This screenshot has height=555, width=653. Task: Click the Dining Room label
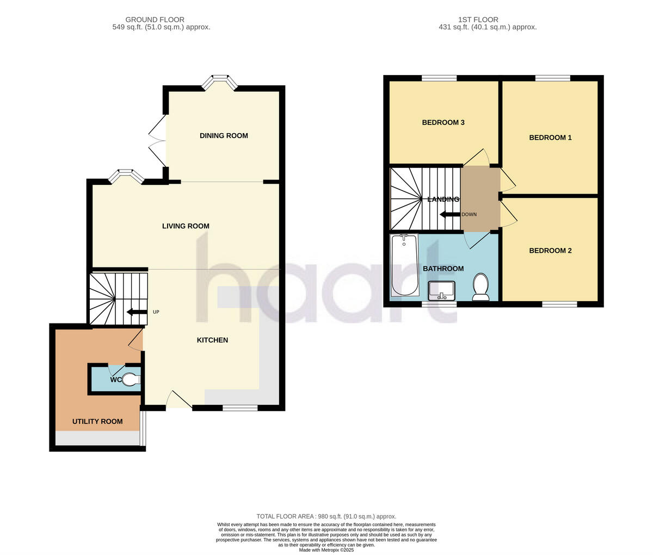(224, 135)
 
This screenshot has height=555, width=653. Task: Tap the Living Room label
(186, 226)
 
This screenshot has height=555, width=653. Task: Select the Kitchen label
(212, 340)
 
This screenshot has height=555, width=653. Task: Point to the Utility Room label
(97, 421)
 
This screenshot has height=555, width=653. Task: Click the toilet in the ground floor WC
(131, 379)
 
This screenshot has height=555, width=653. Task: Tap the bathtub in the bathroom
(403, 265)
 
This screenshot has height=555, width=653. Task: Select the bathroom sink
(441, 291)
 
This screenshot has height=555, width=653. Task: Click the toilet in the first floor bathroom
(480, 286)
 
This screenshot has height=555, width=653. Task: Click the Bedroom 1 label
(550, 138)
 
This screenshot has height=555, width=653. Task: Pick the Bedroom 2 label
(550, 251)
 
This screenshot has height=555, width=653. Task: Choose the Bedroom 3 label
(443, 122)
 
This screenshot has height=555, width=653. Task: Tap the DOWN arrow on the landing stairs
(449, 214)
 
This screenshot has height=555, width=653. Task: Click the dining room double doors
(157, 140)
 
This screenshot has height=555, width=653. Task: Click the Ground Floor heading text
(155, 20)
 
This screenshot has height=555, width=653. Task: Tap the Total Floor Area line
(326, 516)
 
